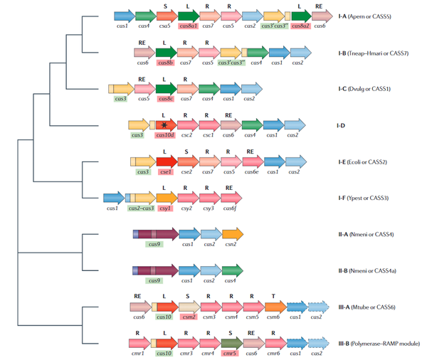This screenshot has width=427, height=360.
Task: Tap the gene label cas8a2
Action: [x=297, y=26]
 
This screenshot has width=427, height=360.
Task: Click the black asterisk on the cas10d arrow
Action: [x=165, y=125]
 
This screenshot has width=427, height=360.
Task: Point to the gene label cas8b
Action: [x=164, y=63]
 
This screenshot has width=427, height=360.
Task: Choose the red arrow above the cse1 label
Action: [x=165, y=162]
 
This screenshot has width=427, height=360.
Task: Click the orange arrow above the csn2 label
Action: [x=232, y=234]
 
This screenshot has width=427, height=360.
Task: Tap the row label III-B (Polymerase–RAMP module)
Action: [x=381, y=344]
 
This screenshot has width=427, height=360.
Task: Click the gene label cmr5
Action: [x=230, y=353]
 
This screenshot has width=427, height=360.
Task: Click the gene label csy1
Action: [x=165, y=208]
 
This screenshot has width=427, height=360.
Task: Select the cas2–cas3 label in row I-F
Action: [x=141, y=208]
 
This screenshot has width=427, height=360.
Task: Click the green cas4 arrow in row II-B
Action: [x=232, y=270]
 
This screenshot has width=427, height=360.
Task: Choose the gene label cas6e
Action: [x=251, y=171]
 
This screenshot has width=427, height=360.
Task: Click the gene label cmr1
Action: [x=139, y=353]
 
